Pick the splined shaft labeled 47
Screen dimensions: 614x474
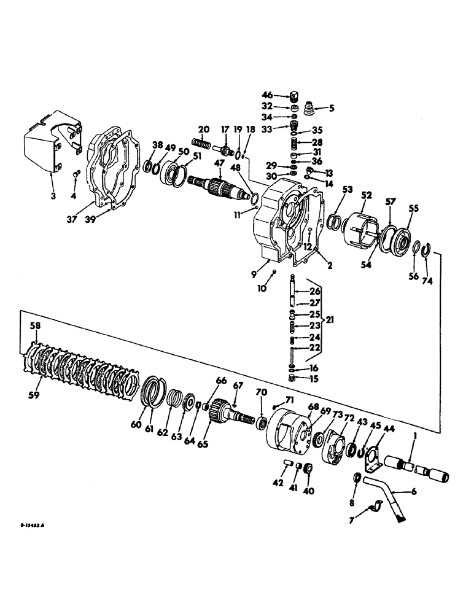click(215, 184)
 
